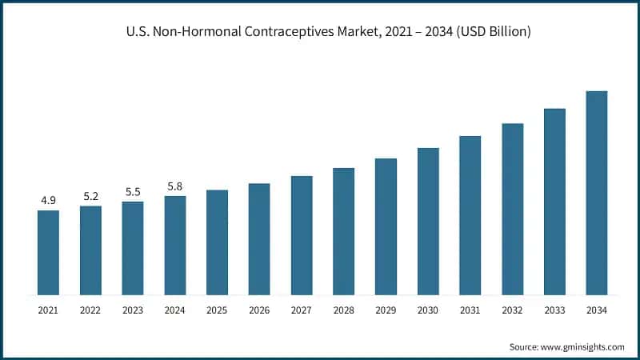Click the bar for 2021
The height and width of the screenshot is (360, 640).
click(x=48, y=252)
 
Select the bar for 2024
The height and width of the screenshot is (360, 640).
click(x=175, y=245)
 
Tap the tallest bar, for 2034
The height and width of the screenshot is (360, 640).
click(x=597, y=192)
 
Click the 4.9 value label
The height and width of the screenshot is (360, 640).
click(x=48, y=200)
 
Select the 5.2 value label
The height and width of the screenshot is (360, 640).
click(x=90, y=196)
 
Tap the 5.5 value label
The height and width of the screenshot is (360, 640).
click(x=133, y=192)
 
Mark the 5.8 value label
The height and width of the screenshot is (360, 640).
click(x=175, y=186)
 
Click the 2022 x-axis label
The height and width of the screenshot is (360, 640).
click(x=90, y=307)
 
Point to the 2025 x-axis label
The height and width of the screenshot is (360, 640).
click(x=217, y=307)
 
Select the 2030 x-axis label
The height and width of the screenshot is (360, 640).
click(x=428, y=307)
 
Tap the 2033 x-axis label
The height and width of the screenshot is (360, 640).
click(x=554, y=307)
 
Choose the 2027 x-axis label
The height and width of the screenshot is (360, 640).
click(x=302, y=307)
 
